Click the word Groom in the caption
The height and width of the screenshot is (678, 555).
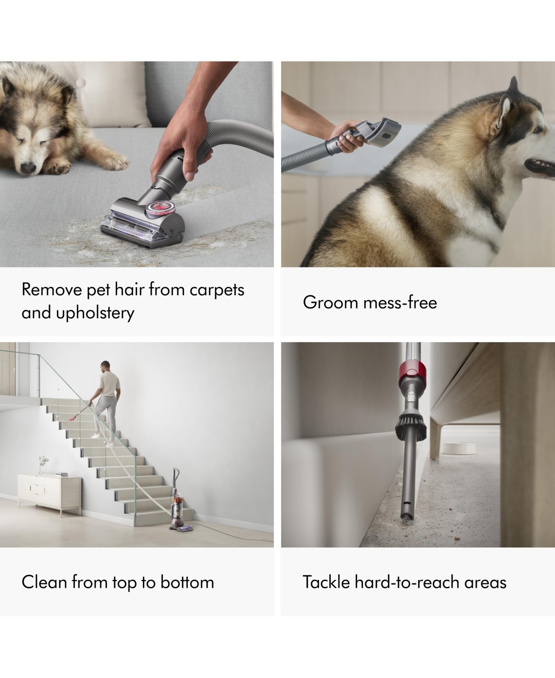click(x=330, y=302)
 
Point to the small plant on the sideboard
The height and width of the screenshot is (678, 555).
click(x=43, y=463)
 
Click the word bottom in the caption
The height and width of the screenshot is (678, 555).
click(x=187, y=582)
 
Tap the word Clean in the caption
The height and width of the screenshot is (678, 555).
click(x=44, y=582)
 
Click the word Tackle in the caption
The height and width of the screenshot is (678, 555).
click(x=327, y=582)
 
